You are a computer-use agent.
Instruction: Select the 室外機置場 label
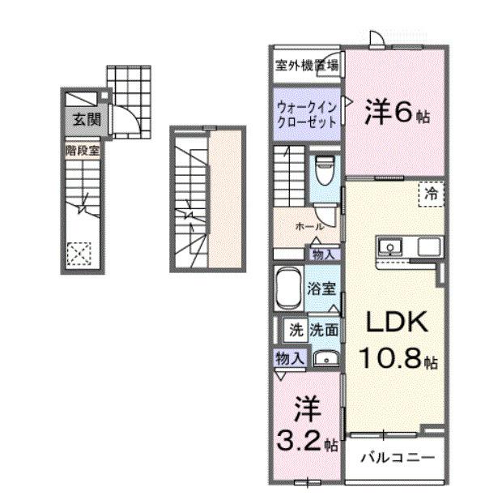point(306,65)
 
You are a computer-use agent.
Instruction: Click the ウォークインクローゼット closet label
point(306,113)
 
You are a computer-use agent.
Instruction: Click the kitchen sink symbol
point(388,245)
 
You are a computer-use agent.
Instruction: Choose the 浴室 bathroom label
point(323,288)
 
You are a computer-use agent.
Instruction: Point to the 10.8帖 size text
point(400,358)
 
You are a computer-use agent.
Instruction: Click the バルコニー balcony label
point(396,457)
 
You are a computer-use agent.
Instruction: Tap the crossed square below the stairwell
point(80,254)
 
